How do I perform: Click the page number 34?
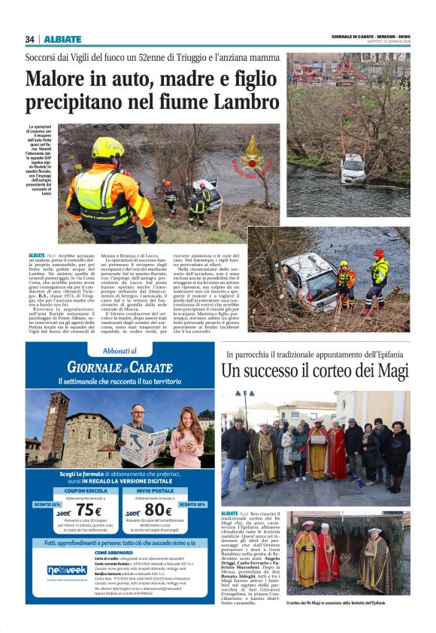pos(29,39)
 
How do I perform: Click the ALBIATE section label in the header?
pos(62,39)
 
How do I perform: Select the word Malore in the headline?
pos(57,78)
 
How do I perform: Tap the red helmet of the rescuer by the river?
pos(378,253)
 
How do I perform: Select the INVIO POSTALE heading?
pos(157,489)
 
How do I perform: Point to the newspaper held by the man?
pos(144,444)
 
